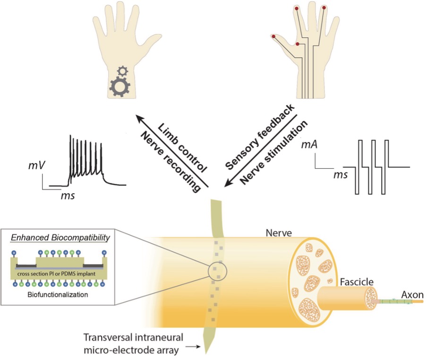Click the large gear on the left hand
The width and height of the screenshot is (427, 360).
(x=118, y=87)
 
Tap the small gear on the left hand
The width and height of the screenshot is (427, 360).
(x=122, y=71)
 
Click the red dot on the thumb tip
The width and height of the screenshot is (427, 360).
(x=273, y=37)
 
